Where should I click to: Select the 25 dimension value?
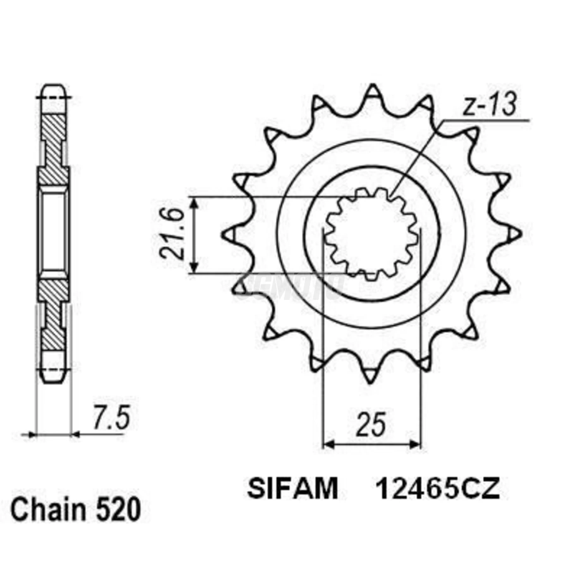click(x=371, y=424)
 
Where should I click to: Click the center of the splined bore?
click(x=371, y=234)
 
